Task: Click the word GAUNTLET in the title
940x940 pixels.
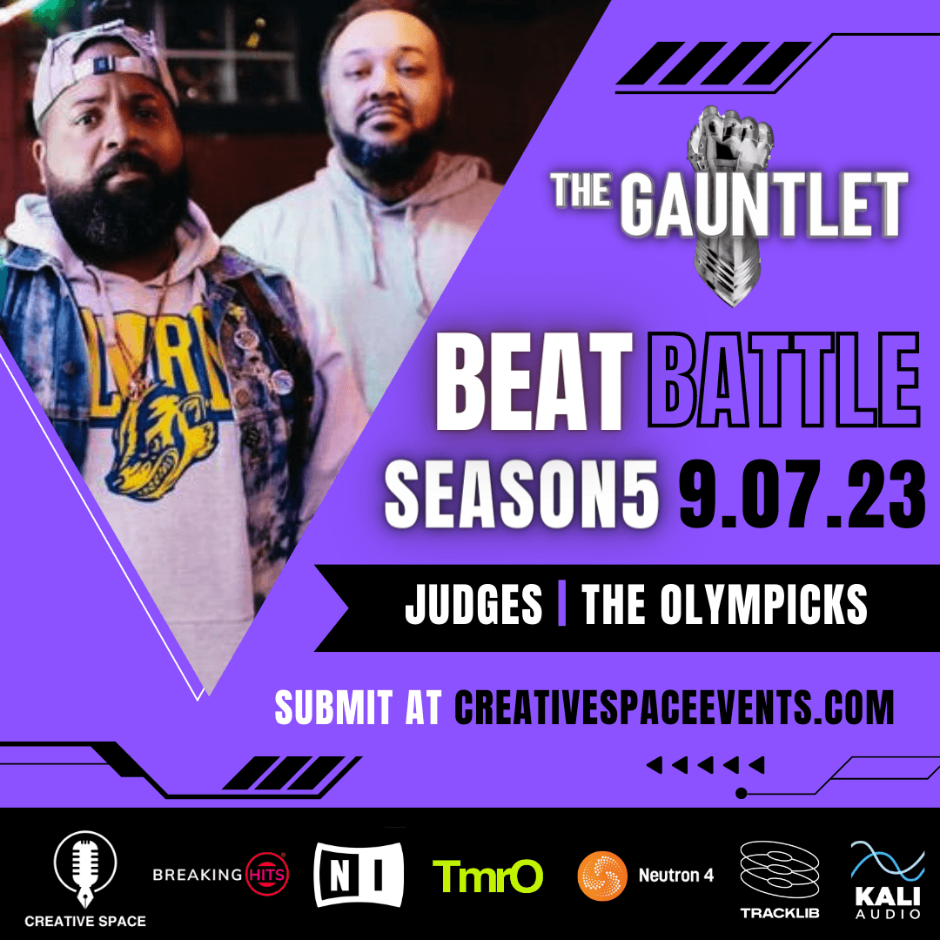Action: [x=764, y=205]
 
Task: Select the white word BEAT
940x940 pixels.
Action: [x=534, y=381]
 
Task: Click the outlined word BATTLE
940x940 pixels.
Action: [x=783, y=380]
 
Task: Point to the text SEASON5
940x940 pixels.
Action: [x=521, y=494]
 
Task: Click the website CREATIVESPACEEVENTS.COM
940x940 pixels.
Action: [x=674, y=708]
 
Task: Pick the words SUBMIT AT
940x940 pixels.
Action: [x=358, y=708]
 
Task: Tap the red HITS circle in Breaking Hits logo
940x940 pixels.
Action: [x=267, y=874]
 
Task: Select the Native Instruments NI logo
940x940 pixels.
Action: [x=359, y=874]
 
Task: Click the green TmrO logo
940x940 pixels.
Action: [x=487, y=876]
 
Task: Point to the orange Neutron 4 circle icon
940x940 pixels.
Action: [x=602, y=876]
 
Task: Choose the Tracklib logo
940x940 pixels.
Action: [x=780, y=879]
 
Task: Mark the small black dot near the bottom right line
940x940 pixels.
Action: [x=741, y=793]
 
